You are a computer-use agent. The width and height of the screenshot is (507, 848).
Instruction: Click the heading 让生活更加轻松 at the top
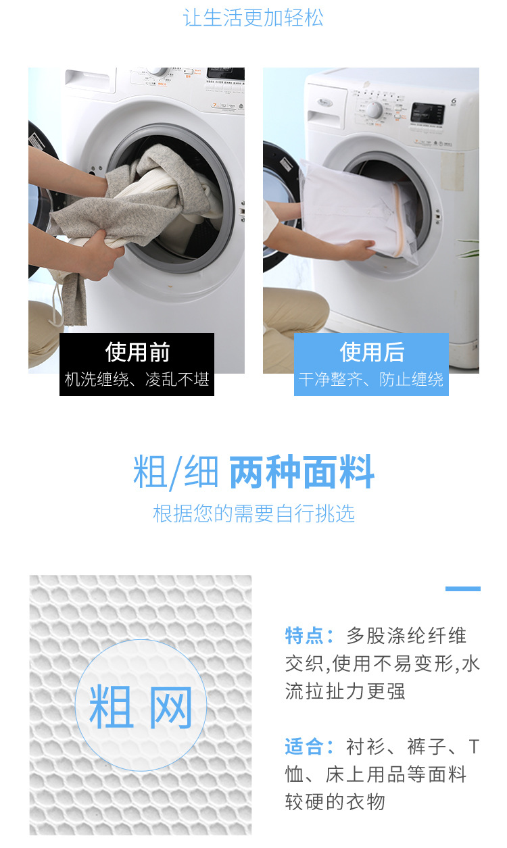click(254, 18)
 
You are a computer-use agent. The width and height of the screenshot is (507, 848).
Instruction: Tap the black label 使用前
click(137, 352)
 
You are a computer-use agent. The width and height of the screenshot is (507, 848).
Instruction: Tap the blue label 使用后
click(372, 352)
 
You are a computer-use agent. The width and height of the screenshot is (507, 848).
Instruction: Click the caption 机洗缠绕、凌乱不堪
click(137, 380)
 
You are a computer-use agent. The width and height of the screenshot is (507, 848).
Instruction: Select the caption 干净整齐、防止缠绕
click(371, 380)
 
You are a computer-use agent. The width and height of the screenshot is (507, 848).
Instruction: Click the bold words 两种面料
click(301, 472)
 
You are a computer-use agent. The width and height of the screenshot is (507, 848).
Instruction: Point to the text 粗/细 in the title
click(176, 472)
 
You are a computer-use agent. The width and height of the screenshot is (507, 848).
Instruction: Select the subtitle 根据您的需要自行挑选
click(254, 514)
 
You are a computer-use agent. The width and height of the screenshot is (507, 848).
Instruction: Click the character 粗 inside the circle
click(111, 707)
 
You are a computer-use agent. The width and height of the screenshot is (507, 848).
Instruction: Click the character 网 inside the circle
click(170, 707)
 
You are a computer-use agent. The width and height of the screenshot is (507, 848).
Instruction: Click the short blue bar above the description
click(462, 589)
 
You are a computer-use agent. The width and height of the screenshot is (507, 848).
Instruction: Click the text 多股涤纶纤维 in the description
click(406, 635)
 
